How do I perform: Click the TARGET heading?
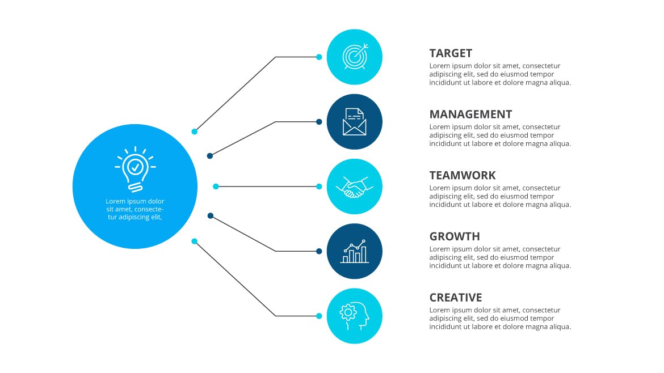coord(451,53)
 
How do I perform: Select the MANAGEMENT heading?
coord(470,114)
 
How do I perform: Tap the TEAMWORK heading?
coord(463,176)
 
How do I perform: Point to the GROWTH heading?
coord(455,236)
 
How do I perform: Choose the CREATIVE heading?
coord(456,298)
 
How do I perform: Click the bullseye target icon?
coord(355,57)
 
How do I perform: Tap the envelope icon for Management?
coord(355,122)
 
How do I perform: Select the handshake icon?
coord(355,187)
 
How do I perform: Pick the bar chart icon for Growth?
coord(355,252)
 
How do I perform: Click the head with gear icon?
coord(355,316)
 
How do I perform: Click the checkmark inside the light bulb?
coord(135,167)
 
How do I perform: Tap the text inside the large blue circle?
coord(135,209)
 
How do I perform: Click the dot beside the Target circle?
coord(319,57)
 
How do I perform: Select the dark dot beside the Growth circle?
coord(319,251)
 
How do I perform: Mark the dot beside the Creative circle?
coord(319,316)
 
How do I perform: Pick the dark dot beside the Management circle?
coord(319,122)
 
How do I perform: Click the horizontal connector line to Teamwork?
coord(267,186)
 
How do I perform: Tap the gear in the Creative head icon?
coord(348,312)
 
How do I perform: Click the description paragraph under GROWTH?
coord(500,257)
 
